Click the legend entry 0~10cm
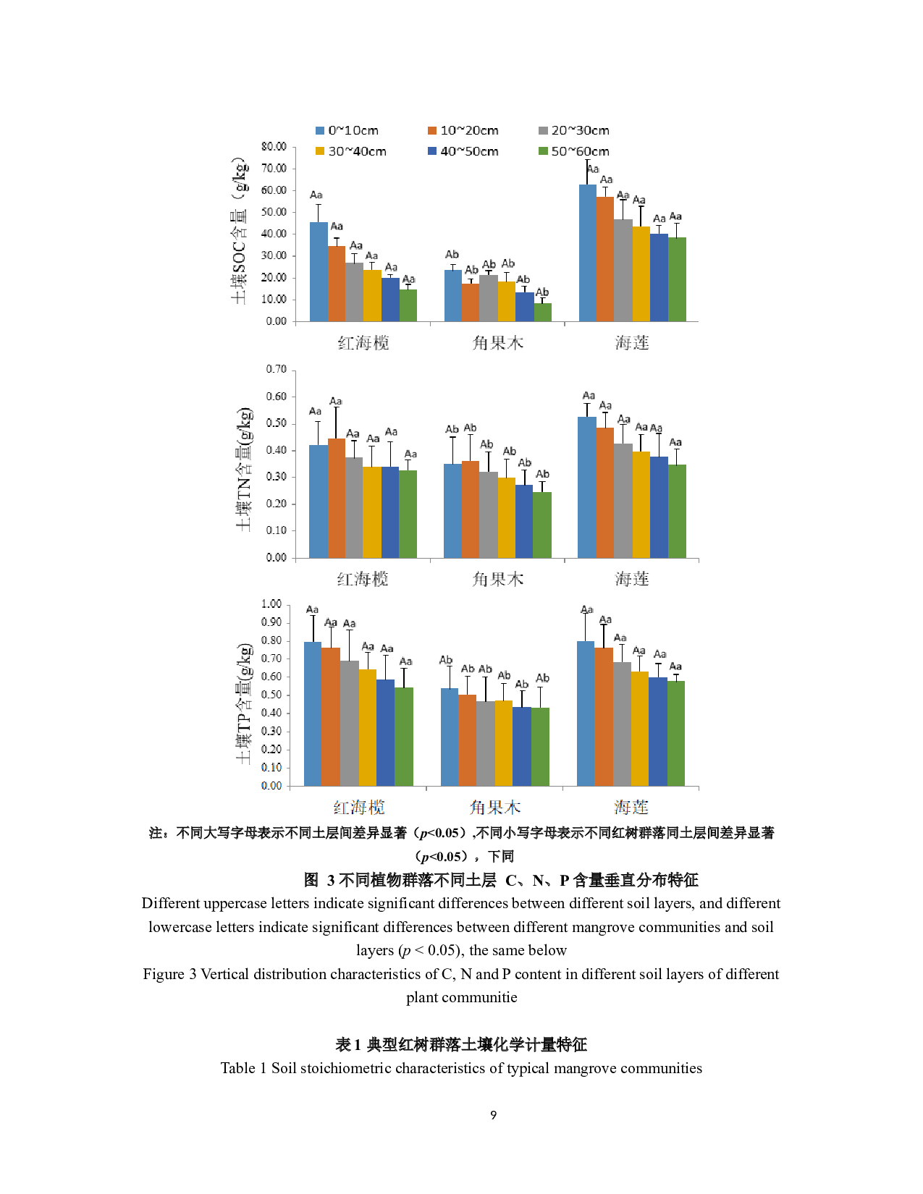[347, 131]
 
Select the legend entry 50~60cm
[574, 152]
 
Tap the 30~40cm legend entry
[351, 152]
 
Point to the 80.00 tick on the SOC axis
[275, 147]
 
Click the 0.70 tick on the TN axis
[277, 370]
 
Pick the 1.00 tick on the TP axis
[271, 604]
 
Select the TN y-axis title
[245, 469]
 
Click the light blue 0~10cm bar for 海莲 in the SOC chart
[587, 253]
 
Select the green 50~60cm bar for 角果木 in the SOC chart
[542, 313]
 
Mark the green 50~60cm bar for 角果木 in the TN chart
[542, 525]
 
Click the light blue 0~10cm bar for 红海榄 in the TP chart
[312, 714]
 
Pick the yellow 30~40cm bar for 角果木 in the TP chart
[503, 743]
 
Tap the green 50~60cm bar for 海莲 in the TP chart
[675, 733]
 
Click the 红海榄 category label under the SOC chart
[363, 343]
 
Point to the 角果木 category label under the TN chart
[497, 579]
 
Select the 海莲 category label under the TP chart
[631, 808]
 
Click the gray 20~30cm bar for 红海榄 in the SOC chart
[354, 292]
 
